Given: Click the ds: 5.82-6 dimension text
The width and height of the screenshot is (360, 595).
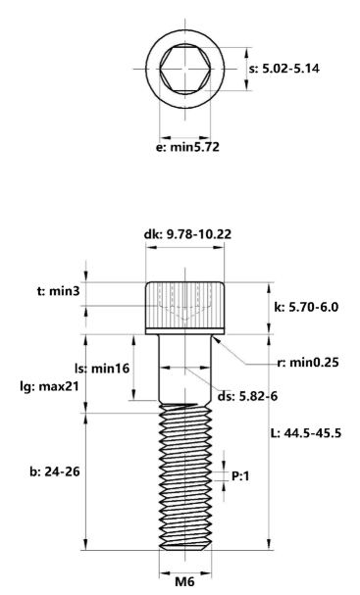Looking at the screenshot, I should (248, 396).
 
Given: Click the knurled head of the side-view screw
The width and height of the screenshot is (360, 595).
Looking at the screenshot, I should (184, 306).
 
